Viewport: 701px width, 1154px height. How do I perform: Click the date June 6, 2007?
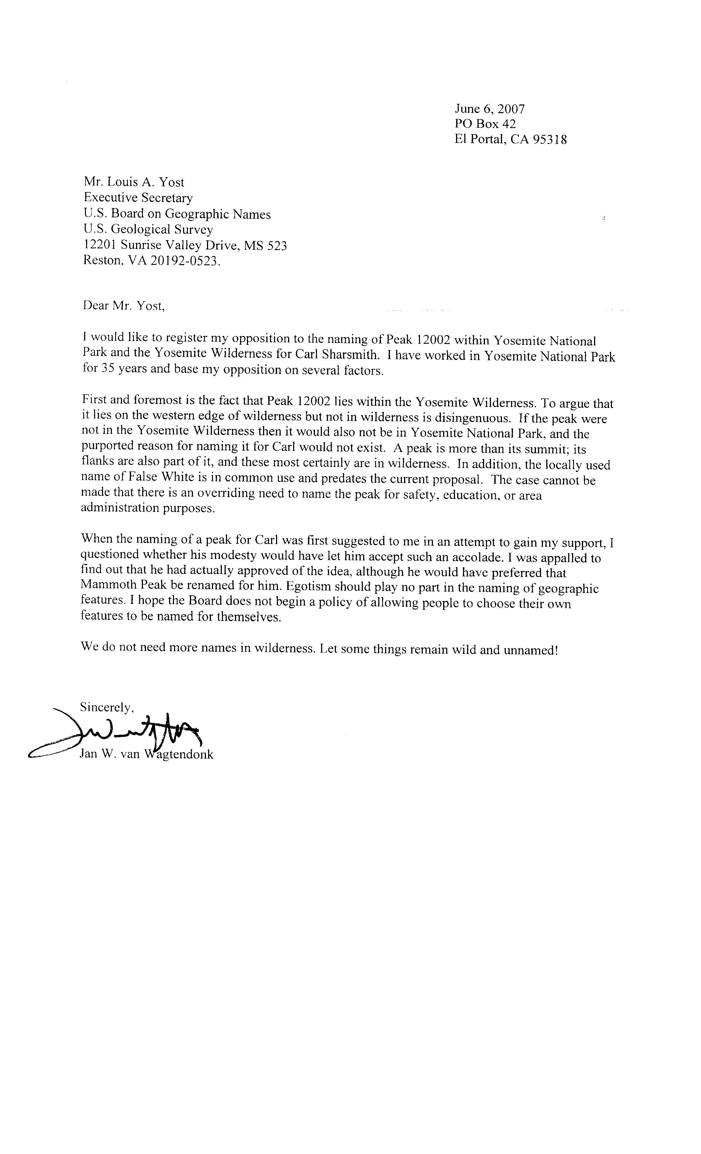point(489,109)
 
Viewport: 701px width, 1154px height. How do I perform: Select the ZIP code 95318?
point(549,140)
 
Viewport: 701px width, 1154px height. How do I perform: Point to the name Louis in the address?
point(126,182)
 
